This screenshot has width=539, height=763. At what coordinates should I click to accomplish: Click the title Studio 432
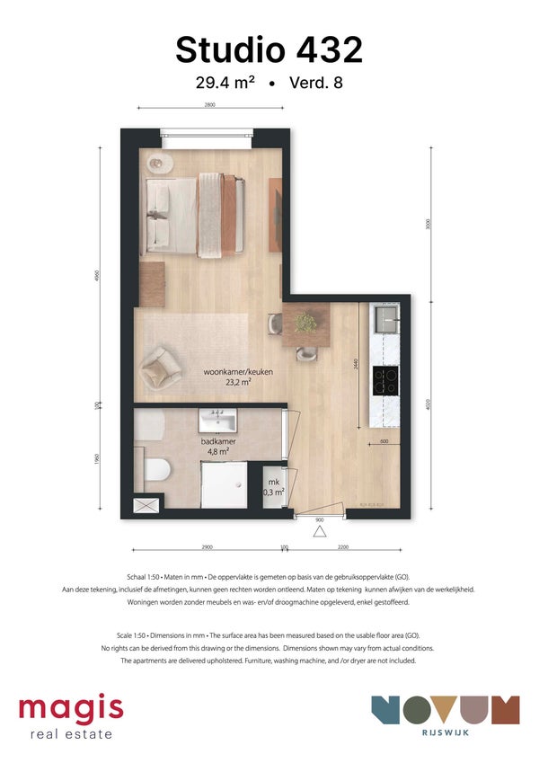[269, 49]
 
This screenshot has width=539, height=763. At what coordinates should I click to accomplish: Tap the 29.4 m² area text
[225, 84]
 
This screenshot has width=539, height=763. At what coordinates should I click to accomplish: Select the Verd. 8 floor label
[315, 84]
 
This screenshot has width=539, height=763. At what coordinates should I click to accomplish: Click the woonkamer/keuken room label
[238, 371]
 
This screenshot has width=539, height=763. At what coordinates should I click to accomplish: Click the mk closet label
[274, 486]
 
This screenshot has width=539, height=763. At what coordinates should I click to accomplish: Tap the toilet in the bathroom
[157, 468]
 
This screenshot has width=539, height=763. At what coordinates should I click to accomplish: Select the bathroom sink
[217, 420]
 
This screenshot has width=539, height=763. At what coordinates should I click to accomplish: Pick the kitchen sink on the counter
[386, 317]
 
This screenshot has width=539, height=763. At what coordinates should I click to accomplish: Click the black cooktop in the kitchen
[386, 381]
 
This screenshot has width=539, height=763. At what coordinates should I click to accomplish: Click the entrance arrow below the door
[318, 532]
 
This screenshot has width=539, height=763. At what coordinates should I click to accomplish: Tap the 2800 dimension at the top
[208, 106]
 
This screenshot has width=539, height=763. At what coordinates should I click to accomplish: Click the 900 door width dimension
[319, 519]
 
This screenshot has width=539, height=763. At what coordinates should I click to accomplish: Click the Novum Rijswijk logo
[445, 714]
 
